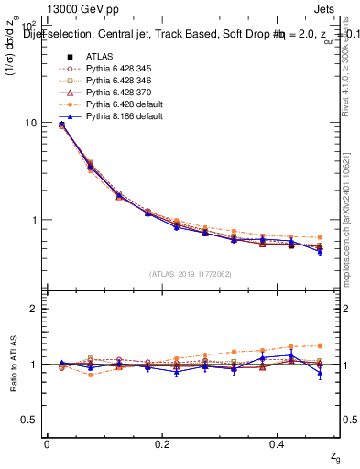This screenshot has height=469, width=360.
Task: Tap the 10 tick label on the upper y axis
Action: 30,123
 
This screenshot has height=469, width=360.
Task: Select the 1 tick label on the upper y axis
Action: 33,220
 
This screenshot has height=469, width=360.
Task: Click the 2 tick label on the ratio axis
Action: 33,309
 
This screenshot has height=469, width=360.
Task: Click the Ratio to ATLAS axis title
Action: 13,366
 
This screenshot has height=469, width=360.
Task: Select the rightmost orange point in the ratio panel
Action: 320,345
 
